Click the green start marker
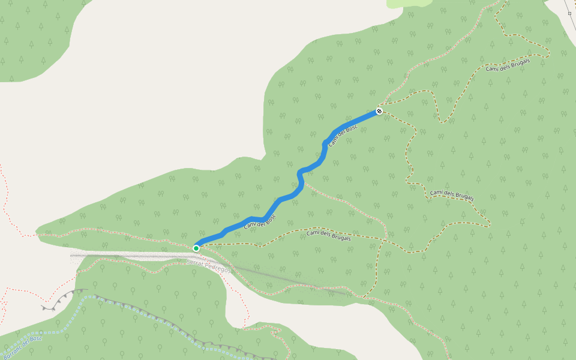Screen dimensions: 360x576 click(196, 248)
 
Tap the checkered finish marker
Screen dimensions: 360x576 click(379, 110)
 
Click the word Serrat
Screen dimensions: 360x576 click(196, 263)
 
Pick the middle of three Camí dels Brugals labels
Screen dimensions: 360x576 click(452, 195)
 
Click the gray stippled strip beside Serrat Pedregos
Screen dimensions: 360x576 click(120, 256)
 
